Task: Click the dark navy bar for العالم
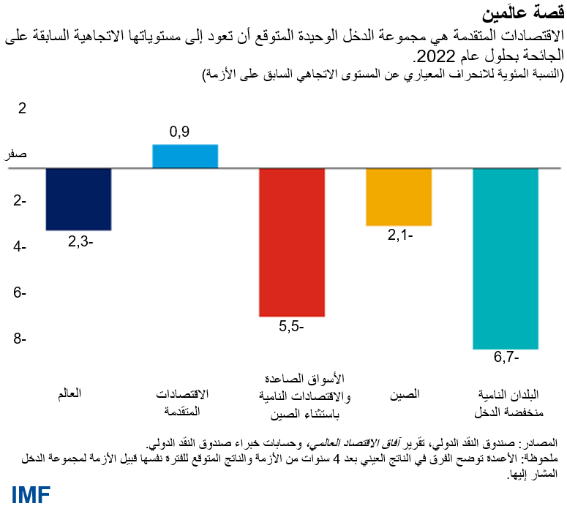(x=78, y=199)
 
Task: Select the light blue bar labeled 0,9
(x=184, y=156)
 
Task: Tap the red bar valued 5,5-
(x=292, y=242)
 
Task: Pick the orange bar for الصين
(x=399, y=197)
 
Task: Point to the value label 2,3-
(x=78, y=241)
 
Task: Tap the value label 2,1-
(x=399, y=235)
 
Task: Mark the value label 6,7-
(x=506, y=358)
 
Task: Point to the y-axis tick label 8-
(x=20, y=339)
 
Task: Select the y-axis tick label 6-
(x=20, y=293)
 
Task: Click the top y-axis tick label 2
(x=22, y=109)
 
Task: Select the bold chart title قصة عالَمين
(x=524, y=12)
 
